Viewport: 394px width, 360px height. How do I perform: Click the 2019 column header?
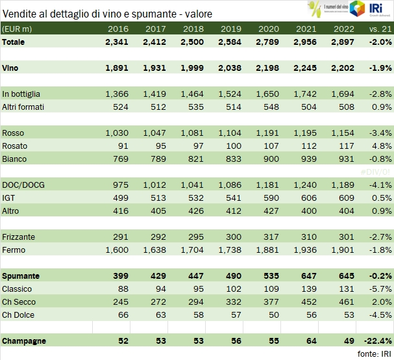point(231,29)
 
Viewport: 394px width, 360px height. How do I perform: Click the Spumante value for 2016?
point(117,276)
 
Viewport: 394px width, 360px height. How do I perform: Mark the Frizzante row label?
point(19,237)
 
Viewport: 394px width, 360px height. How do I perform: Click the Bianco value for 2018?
point(193,159)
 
